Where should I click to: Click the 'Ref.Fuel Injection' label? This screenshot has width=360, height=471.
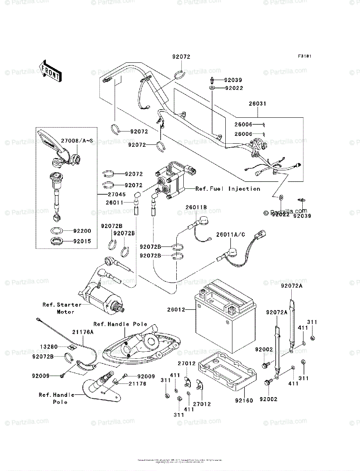coord(228,189)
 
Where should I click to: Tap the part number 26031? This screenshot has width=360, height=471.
coord(257,104)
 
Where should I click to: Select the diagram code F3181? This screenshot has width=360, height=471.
coord(304,57)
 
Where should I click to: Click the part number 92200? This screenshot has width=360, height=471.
coord(82,232)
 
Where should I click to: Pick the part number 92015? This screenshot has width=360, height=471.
coord(82,241)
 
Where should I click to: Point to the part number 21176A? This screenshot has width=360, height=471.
coord(82,332)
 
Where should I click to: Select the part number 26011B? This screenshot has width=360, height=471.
coord(196,207)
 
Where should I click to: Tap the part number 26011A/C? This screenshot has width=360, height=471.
coord(231,235)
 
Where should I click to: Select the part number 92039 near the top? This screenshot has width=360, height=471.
coord(234,80)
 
